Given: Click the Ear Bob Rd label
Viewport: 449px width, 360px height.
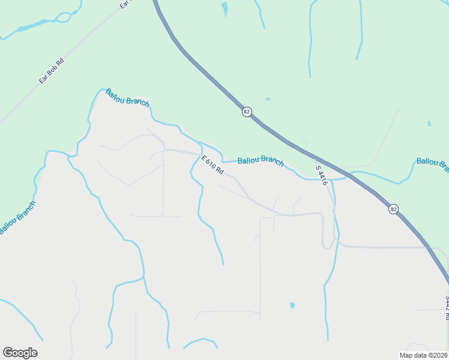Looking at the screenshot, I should pyautogui.click(x=51, y=70).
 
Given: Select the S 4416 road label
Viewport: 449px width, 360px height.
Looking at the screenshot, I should pyautogui.click(x=321, y=175).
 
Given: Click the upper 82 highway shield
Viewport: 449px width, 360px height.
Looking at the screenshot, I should pyautogui.click(x=247, y=112).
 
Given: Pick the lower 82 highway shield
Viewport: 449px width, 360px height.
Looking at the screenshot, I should pyautogui.click(x=393, y=209).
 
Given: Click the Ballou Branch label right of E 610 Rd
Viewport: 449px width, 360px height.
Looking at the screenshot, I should pyautogui.click(x=261, y=161).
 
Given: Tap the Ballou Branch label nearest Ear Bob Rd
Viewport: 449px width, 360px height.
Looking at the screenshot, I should pyautogui.click(x=127, y=97).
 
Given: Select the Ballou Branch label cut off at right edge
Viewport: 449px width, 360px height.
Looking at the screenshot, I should pyautogui.click(x=432, y=162).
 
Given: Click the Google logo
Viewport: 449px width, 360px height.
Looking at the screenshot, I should pyautogui.click(x=20, y=353).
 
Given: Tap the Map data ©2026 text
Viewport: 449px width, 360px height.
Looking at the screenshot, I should pyautogui.click(x=423, y=355).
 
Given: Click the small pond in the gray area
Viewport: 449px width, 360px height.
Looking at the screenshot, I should pyautogui.click(x=292, y=305).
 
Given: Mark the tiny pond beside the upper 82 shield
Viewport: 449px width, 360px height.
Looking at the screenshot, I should pyautogui.click(x=268, y=99).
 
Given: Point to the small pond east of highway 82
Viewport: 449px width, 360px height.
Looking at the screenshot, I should pyautogui.click(x=429, y=124).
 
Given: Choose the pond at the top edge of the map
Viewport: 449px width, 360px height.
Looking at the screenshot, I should pyautogui.click(x=224, y=8).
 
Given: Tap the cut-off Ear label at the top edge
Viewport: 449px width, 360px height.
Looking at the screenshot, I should pyautogui.click(x=125, y=4).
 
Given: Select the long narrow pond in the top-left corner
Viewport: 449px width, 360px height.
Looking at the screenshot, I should pyautogui.click(x=33, y=26).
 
